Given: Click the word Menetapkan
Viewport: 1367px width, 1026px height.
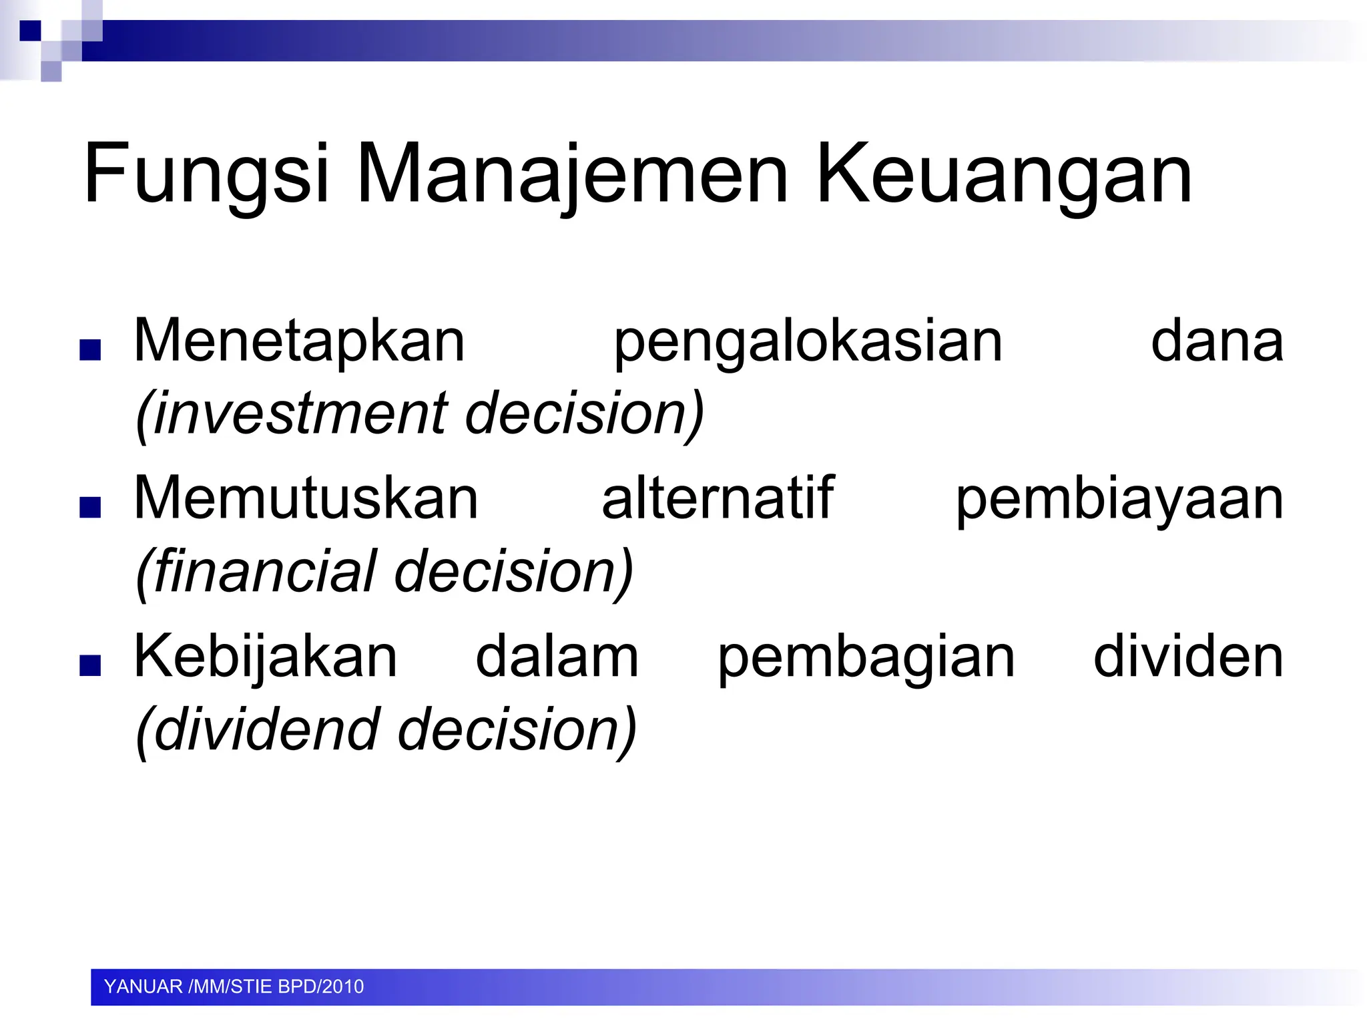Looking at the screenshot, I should click(299, 341).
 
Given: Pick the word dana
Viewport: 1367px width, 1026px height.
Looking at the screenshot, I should click(1217, 341).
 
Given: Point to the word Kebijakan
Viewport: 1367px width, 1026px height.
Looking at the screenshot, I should click(266, 657).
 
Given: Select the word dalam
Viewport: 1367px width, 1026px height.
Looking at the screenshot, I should click(557, 657).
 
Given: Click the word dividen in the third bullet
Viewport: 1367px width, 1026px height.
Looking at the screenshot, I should click(1188, 657).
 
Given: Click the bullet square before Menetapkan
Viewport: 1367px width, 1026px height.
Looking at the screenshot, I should click(90, 350).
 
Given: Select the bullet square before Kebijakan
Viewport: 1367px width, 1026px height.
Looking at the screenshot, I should click(90, 665).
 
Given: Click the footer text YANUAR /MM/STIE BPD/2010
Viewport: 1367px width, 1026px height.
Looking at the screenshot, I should click(234, 987).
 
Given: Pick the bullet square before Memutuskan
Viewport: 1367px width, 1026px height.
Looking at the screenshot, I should click(90, 508).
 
